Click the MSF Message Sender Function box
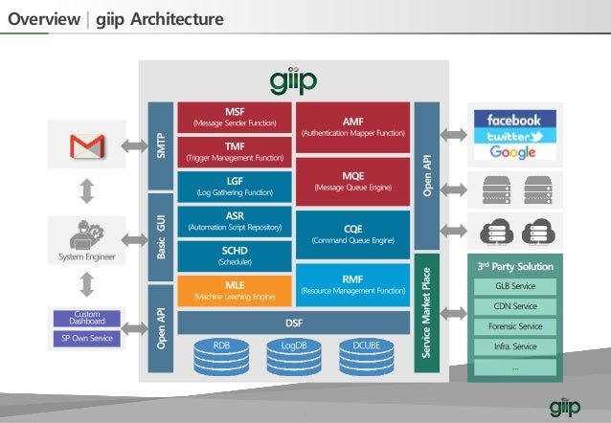coord(235,117)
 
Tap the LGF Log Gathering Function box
coord(235,186)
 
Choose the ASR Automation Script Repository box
coord(235,221)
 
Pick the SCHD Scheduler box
coord(235,256)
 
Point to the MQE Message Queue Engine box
coord(353,180)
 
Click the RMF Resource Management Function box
coord(353,284)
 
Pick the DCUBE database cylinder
coord(367,356)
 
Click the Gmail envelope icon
coord(85,146)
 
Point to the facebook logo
coord(513,121)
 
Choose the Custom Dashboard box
coord(87,318)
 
